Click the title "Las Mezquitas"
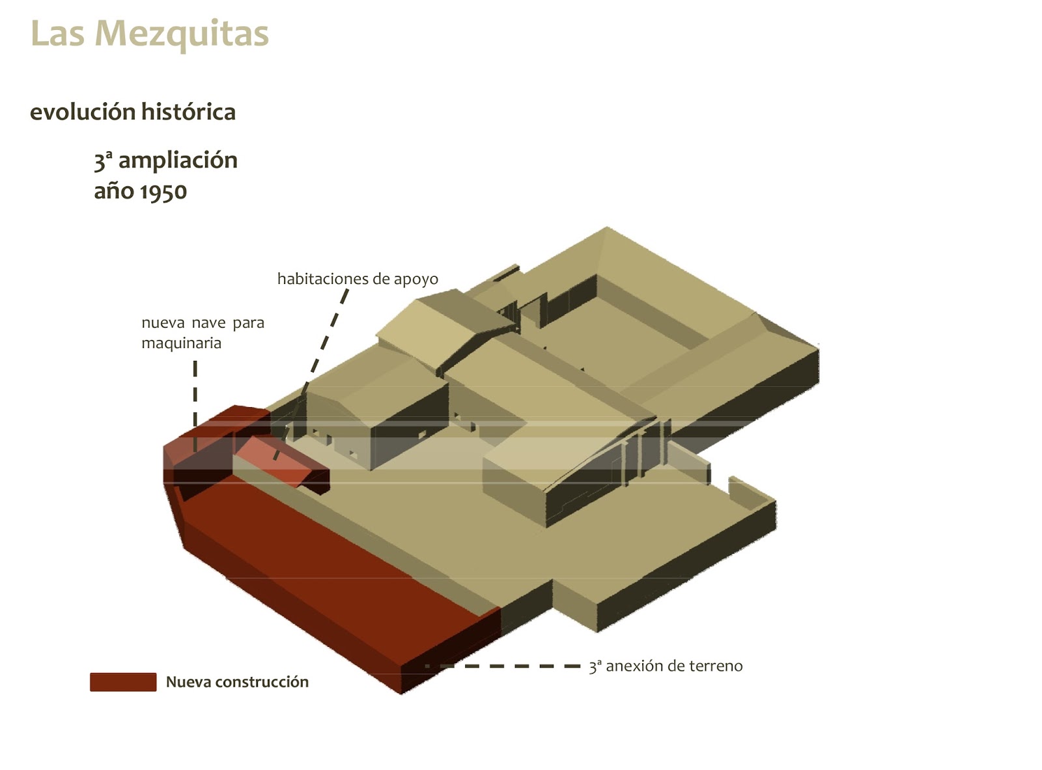(149, 33)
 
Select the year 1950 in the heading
(163, 192)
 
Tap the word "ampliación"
(178, 160)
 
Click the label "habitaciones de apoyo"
(358, 279)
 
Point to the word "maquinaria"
(181, 343)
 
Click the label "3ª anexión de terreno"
(665, 666)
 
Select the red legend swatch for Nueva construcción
(123, 682)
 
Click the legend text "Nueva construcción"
(237, 682)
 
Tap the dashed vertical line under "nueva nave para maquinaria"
(195, 404)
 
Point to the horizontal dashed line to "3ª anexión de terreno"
(508, 666)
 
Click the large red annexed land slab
(326, 573)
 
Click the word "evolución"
(82, 112)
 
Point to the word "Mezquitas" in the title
(182, 33)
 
